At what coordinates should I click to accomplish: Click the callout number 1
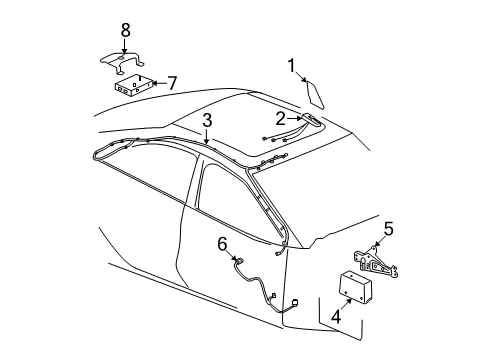291,66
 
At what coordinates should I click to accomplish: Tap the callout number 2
281,119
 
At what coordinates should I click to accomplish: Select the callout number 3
207,120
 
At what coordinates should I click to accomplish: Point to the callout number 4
336,316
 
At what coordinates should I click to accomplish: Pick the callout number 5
389,229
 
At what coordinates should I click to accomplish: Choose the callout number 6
222,244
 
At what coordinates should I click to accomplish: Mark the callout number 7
171,83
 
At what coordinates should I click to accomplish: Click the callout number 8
125,30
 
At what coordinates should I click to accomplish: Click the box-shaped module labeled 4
355,287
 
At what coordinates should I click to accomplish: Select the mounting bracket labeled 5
376,261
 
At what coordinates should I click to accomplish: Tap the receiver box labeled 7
134,85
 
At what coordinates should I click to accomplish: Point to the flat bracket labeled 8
123,61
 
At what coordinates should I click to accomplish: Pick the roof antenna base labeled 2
312,120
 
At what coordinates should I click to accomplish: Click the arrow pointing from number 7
159,83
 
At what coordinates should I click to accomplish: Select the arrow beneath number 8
125,46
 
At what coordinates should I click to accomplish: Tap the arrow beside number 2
295,118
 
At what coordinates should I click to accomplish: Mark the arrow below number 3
207,136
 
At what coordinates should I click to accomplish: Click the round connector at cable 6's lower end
295,303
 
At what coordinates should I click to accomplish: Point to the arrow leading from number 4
345,305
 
